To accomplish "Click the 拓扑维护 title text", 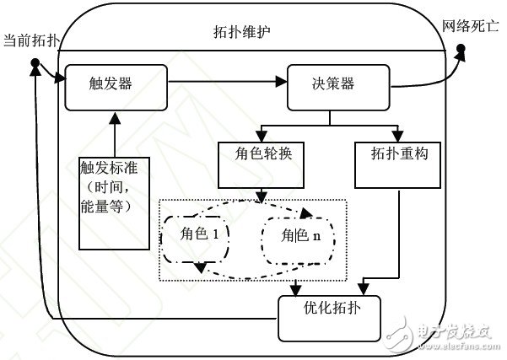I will tap(245, 33).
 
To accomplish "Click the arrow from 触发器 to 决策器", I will tap(223, 83).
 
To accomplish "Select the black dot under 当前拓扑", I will tap(35, 64).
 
